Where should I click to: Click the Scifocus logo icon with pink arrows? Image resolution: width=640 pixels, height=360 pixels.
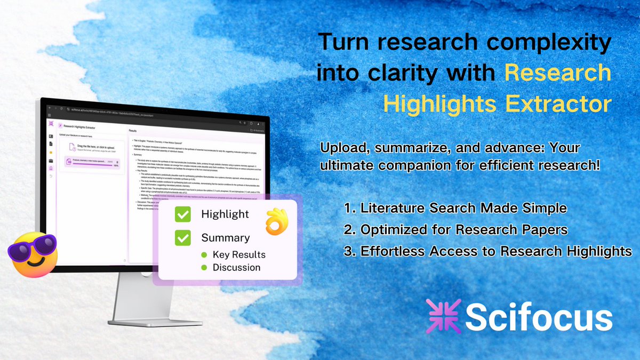click(x=442, y=317)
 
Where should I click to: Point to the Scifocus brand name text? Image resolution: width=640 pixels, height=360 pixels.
click(x=539, y=318)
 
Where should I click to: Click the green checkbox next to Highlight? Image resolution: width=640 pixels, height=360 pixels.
click(x=183, y=215)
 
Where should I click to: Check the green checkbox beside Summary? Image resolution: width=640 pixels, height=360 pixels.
click(x=183, y=238)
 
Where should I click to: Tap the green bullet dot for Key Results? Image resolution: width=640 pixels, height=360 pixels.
click(x=204, y=255)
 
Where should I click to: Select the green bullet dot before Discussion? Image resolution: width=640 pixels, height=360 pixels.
click(x=204, y=267)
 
